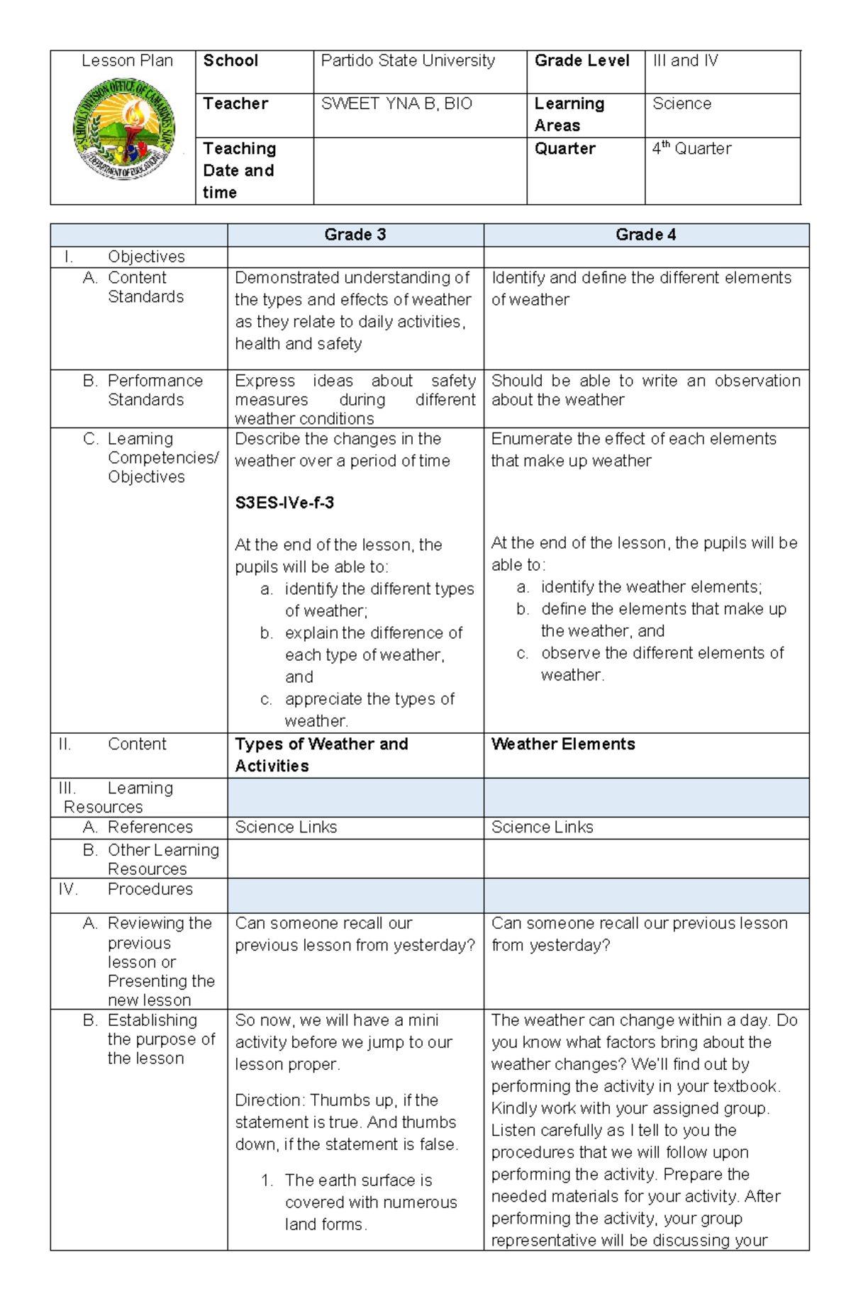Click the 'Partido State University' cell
[x=408, y=61]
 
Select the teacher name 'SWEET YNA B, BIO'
[x=396, y=104]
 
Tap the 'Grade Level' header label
[x=582, y=61]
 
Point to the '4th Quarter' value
[x=691, y=149]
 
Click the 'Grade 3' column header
[x=355, y=235]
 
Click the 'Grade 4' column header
[x=645, y=235]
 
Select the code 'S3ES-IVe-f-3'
[x=284, y=503]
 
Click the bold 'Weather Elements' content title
[x=563, y=744]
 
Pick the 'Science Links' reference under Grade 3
[x=286, y=827]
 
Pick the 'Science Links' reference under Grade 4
[x=543, y=827]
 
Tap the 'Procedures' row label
[x=150, y=889]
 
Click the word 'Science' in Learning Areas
[x=682, y=104]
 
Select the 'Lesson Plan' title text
[x=127, y=61]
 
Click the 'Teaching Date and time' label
[x=239, y=170]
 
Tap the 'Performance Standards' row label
[x=154, y=391]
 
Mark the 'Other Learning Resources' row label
[x=162, y=859]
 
